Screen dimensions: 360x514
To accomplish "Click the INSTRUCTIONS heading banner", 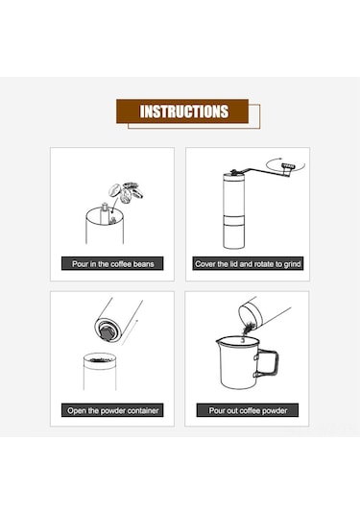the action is pos(182,111).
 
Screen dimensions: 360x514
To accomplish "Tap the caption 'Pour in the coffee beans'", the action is pos(112,264).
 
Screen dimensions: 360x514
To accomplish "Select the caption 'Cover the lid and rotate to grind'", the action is pos(248,264).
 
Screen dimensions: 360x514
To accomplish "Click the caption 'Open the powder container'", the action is pos(112,410).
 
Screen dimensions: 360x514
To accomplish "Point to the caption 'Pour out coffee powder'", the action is pos(248,410).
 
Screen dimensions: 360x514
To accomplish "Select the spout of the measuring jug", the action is pos(218,342).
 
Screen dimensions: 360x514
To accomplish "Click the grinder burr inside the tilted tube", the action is pos(107,331).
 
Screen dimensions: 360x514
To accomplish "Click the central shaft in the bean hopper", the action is pos(104,211).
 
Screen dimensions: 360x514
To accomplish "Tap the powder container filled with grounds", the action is pos(100,372).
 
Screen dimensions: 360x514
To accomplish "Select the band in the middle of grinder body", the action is pos(233,220).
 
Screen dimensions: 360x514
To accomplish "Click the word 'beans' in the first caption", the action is pos(143,264).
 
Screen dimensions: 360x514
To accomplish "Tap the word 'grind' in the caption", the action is pos(292,264).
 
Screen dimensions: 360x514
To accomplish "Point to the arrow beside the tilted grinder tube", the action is pos(130,332).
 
